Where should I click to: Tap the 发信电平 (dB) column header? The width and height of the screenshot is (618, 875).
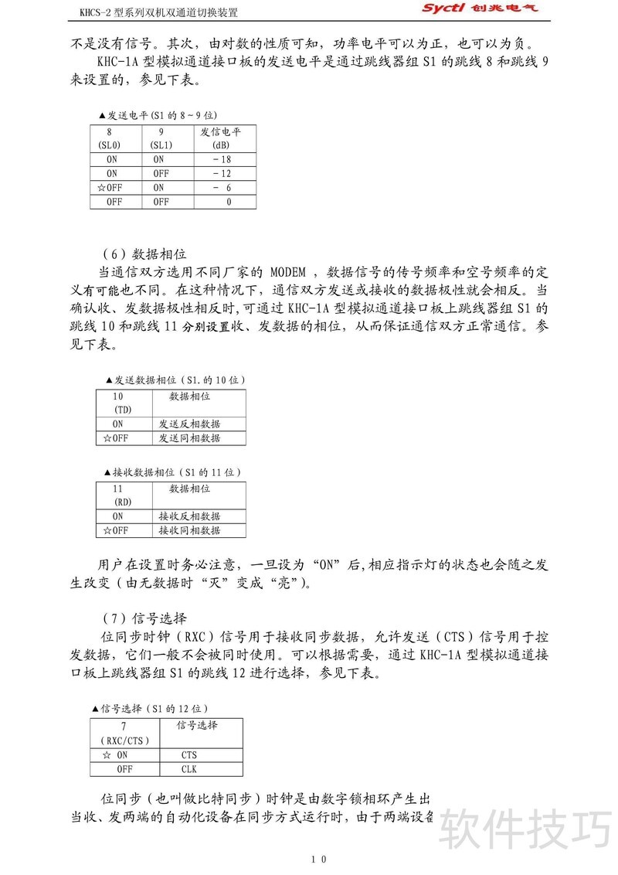pos(222,138)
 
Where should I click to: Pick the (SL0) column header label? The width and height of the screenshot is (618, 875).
pos(110,145)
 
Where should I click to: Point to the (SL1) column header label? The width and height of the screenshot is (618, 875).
pos(160,145)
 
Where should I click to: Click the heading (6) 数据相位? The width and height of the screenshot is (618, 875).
pos(144,254)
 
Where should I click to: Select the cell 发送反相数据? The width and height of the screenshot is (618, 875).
pos(189,424)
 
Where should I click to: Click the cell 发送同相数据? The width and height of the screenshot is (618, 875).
pos(189,438)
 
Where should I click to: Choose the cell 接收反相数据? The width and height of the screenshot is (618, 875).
pos(189,516)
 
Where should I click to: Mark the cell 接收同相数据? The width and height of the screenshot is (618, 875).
pos(189,530)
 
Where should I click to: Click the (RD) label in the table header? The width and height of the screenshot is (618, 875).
pos(123,502)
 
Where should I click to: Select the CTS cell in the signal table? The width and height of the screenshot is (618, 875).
pos(189,755)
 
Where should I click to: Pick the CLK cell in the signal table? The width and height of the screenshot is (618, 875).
pos(189,769)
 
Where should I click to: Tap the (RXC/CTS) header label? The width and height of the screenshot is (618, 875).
pos(124,741)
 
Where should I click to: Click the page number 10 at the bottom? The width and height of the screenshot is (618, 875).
pos(319,859)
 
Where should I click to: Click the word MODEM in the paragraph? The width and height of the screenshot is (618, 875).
pos(290,273)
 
